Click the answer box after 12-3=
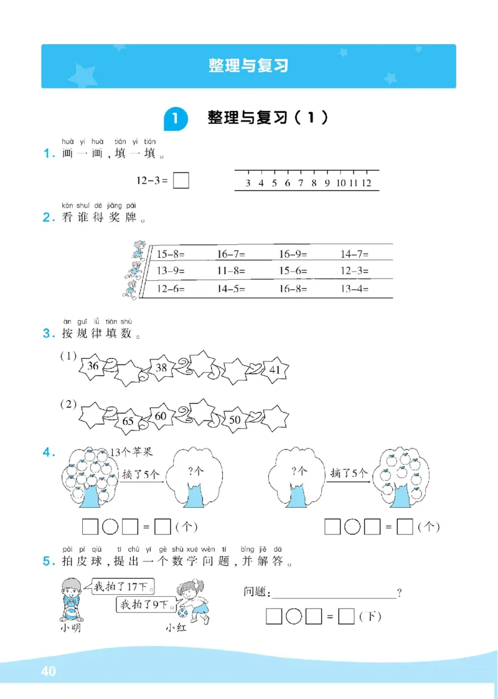pyautogui.click(x=181, y=181)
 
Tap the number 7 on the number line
pyautogui.click(x=301, y=183)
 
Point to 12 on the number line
pyautogui.click(x=366, y=183)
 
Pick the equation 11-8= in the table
pyautogui.click(x=231, y=271)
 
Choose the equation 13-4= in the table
pyautogui.click(x=355, y=288)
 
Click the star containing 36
pyautogui.click(x=94, y=367)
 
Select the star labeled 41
pyautogui.click(x=275, y=370)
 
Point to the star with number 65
pyautogui.click(x=128, y=421)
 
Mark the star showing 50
pyautogui.click(x=235, y=420)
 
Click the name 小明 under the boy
pyautogui.click(x=72, y=628)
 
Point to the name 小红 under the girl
pyautogui.click(x=176, y=628)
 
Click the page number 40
pyautogui.click(x=48, y=672)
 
